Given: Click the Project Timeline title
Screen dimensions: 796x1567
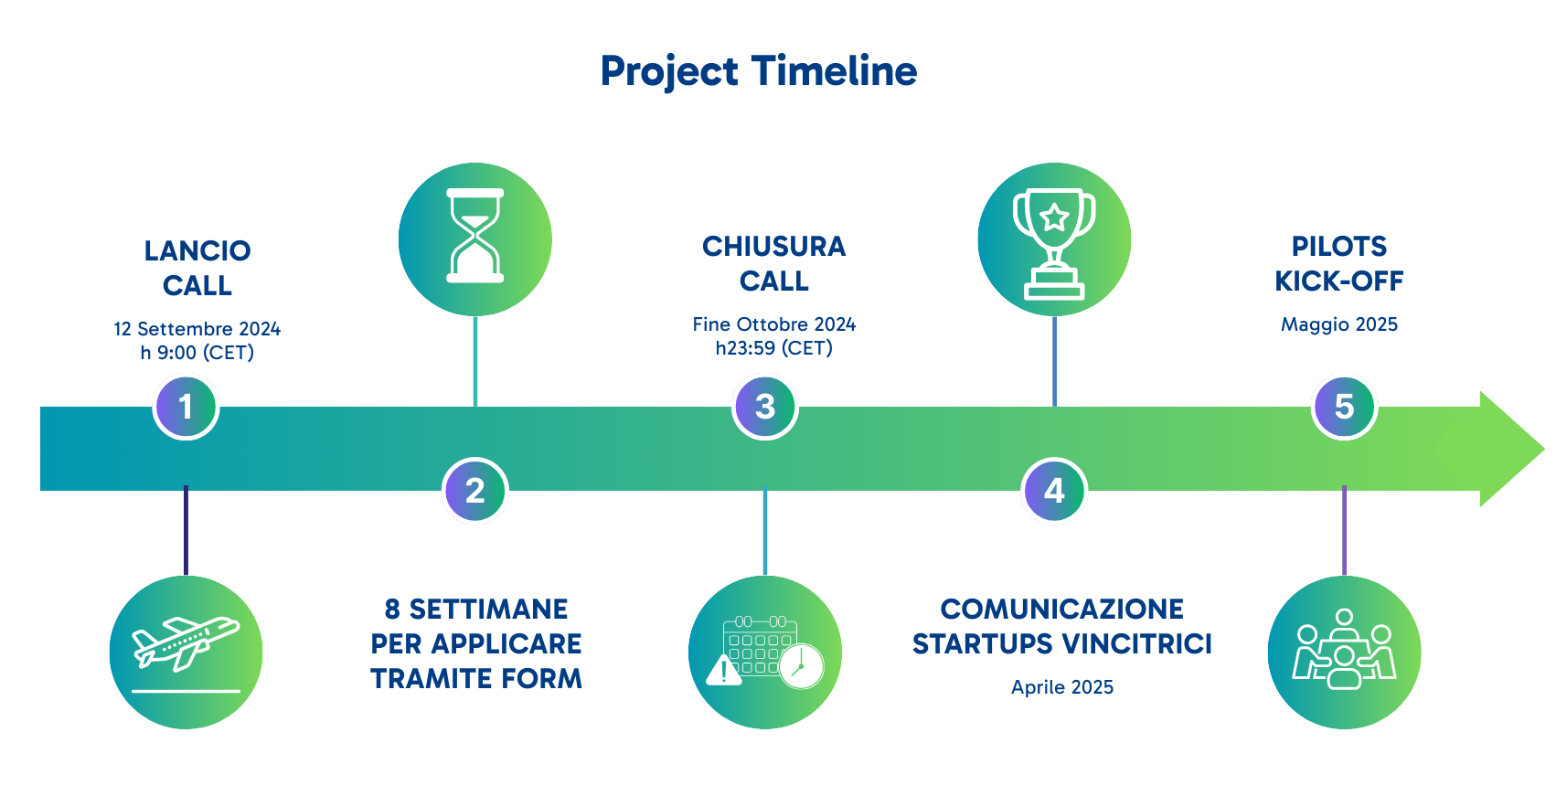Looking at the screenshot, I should coord(758,71).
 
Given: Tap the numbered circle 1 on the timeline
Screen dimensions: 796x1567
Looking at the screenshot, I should coord(186,407).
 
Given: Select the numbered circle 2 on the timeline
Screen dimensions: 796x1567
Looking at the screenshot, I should coord(474,491).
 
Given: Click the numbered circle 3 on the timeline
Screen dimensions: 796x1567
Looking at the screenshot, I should coord(765,407).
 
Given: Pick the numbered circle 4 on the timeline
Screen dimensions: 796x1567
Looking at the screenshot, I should coord(1054,491).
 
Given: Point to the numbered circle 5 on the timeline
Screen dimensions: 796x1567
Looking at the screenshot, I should coord(1344,407).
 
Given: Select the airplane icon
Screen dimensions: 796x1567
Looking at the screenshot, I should coord(186,651).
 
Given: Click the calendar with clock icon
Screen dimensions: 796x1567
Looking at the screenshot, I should coord(765,653).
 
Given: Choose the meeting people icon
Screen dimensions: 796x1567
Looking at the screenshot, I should coord(1344,651).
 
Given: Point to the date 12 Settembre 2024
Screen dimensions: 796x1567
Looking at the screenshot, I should coord(197,329).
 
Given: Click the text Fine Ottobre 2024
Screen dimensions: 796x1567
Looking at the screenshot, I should coord(773,324).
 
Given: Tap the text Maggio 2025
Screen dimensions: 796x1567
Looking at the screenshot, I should coord(1338,324).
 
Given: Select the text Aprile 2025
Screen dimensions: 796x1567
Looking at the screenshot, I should coord(1061,687).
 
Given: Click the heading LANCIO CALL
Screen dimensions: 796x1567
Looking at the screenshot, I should coord(197,268).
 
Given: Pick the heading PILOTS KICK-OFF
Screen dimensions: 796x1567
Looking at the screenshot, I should coord(1338,263).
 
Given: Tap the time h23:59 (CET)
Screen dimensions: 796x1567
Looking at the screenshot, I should coord(773,348).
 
